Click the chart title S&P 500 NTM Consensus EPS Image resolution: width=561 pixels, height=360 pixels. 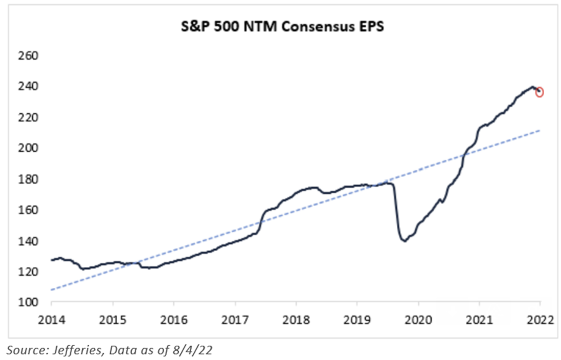(282, 27)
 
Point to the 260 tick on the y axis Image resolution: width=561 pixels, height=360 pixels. (28, 56)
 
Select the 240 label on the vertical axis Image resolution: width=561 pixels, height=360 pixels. (28, 86)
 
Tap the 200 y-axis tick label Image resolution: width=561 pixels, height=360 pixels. (28, 148)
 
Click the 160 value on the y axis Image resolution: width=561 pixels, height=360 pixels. (28, 210)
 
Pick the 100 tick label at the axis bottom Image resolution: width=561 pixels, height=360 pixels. (28, 302)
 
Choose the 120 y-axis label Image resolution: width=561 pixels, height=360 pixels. (28, 271)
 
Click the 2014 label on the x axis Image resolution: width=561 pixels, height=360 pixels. (51, 320)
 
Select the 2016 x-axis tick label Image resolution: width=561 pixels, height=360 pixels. (174, 320)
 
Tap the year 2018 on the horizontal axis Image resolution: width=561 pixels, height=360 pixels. (296, 320)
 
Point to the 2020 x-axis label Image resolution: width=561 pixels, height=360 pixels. (418, 320)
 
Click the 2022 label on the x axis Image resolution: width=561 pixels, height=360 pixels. (540, 320)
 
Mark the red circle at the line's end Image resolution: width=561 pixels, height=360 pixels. (539, 92)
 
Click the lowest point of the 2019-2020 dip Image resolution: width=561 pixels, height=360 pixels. (405, 241)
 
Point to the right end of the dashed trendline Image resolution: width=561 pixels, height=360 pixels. (540, 130)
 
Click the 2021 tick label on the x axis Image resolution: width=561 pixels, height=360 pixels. (479, 320)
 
